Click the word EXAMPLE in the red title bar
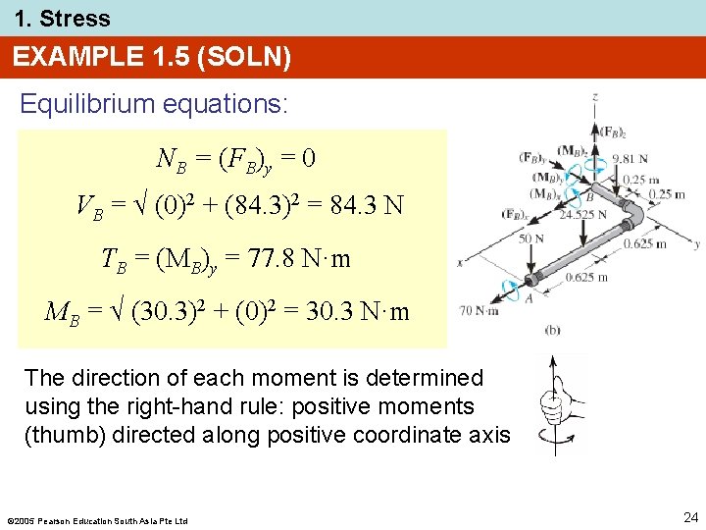73,58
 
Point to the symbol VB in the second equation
89,207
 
